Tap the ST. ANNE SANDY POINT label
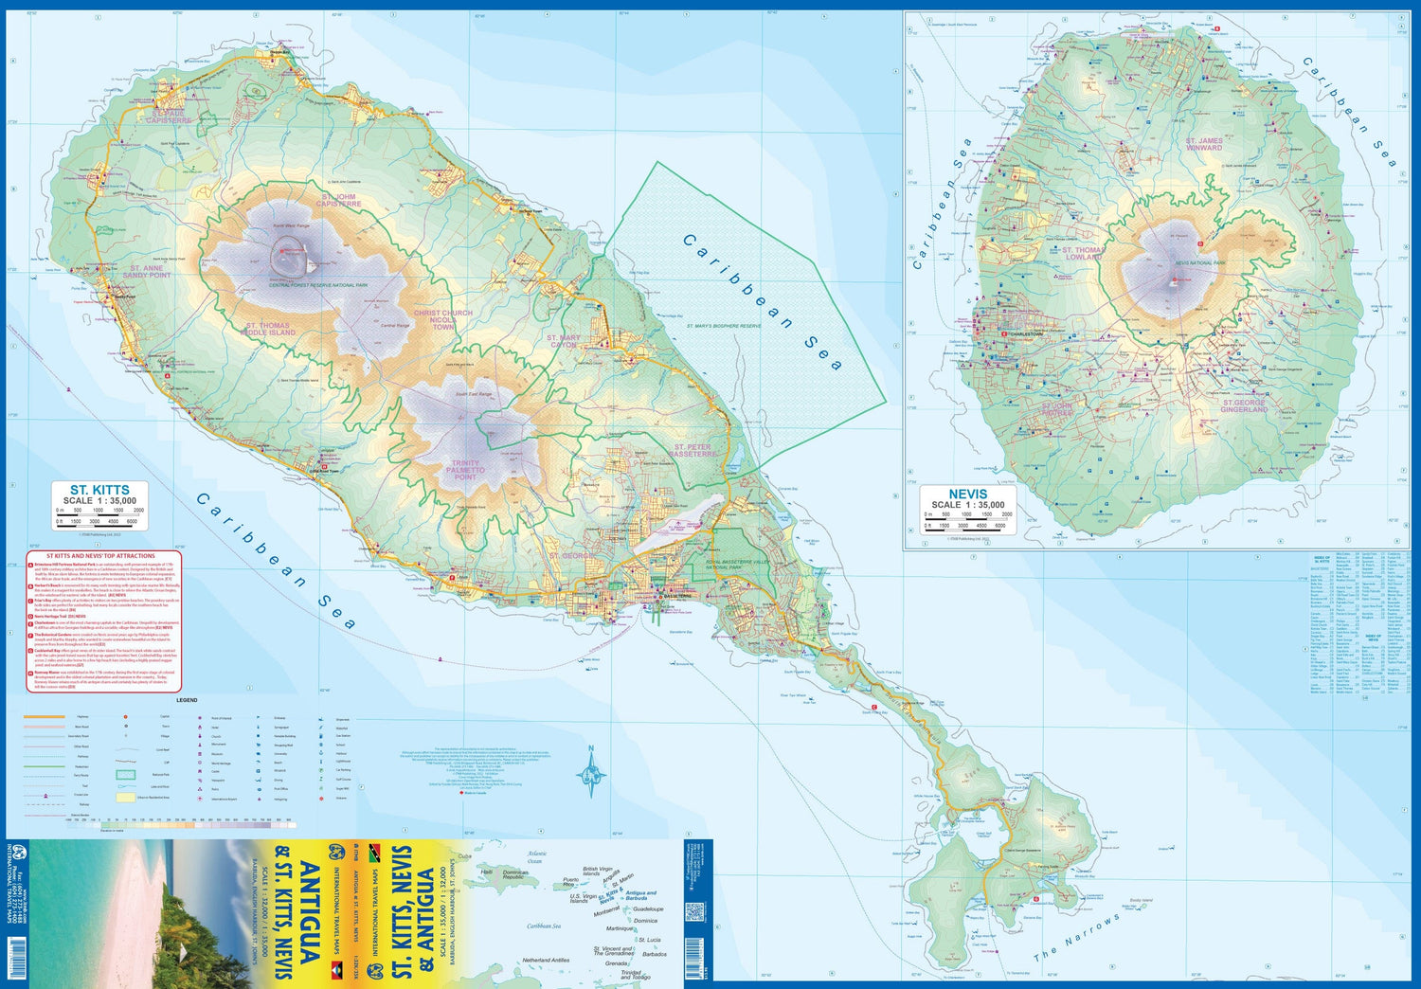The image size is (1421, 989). pos(147,272)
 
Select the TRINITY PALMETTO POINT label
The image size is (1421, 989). pos(466,470)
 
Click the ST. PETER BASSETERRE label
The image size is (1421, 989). pos(694,450)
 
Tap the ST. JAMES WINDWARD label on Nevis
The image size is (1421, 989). pos(1204,144)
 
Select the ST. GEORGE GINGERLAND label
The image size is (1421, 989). pos(1243,406)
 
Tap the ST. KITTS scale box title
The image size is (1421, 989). pos(99,491)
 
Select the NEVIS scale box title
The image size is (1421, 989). pos(967,494)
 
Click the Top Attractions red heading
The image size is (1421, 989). pos(100,556)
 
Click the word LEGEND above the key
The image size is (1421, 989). pos(187,700)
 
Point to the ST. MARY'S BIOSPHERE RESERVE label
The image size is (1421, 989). pos(724,326)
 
